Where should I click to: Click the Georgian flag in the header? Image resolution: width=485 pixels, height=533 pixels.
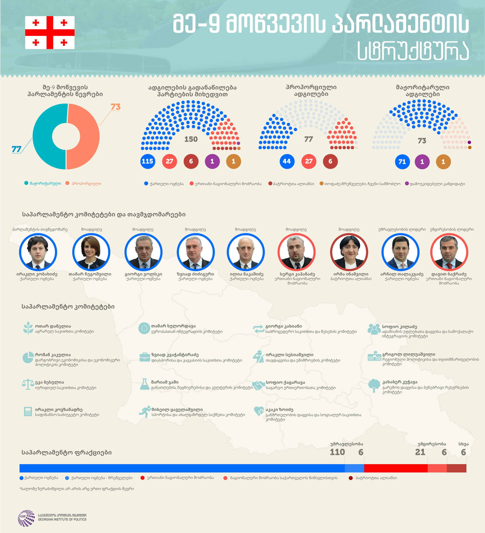point(50,33)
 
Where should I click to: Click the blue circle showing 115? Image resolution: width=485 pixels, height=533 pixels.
point(147,161)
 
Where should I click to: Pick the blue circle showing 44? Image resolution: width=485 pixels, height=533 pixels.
point(287,161)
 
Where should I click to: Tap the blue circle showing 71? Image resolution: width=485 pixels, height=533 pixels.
point(402,162)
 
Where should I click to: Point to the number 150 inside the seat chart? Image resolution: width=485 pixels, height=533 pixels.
point(191,139)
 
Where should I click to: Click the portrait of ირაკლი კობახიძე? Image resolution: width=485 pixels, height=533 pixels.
point(38,252)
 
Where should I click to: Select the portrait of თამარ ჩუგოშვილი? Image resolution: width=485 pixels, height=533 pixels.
point(91,252)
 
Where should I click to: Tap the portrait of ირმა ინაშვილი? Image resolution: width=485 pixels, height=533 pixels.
point(349,252)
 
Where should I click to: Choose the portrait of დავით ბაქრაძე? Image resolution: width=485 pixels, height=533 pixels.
point(449,252)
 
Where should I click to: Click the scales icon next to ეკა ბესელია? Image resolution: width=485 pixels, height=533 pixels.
point(28,384)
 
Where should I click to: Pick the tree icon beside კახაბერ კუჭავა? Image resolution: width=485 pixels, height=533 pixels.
point(374,386)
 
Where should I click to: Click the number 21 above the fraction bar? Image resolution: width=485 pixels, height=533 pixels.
point(420,452)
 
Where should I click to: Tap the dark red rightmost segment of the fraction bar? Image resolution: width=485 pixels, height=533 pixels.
point(457,468)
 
